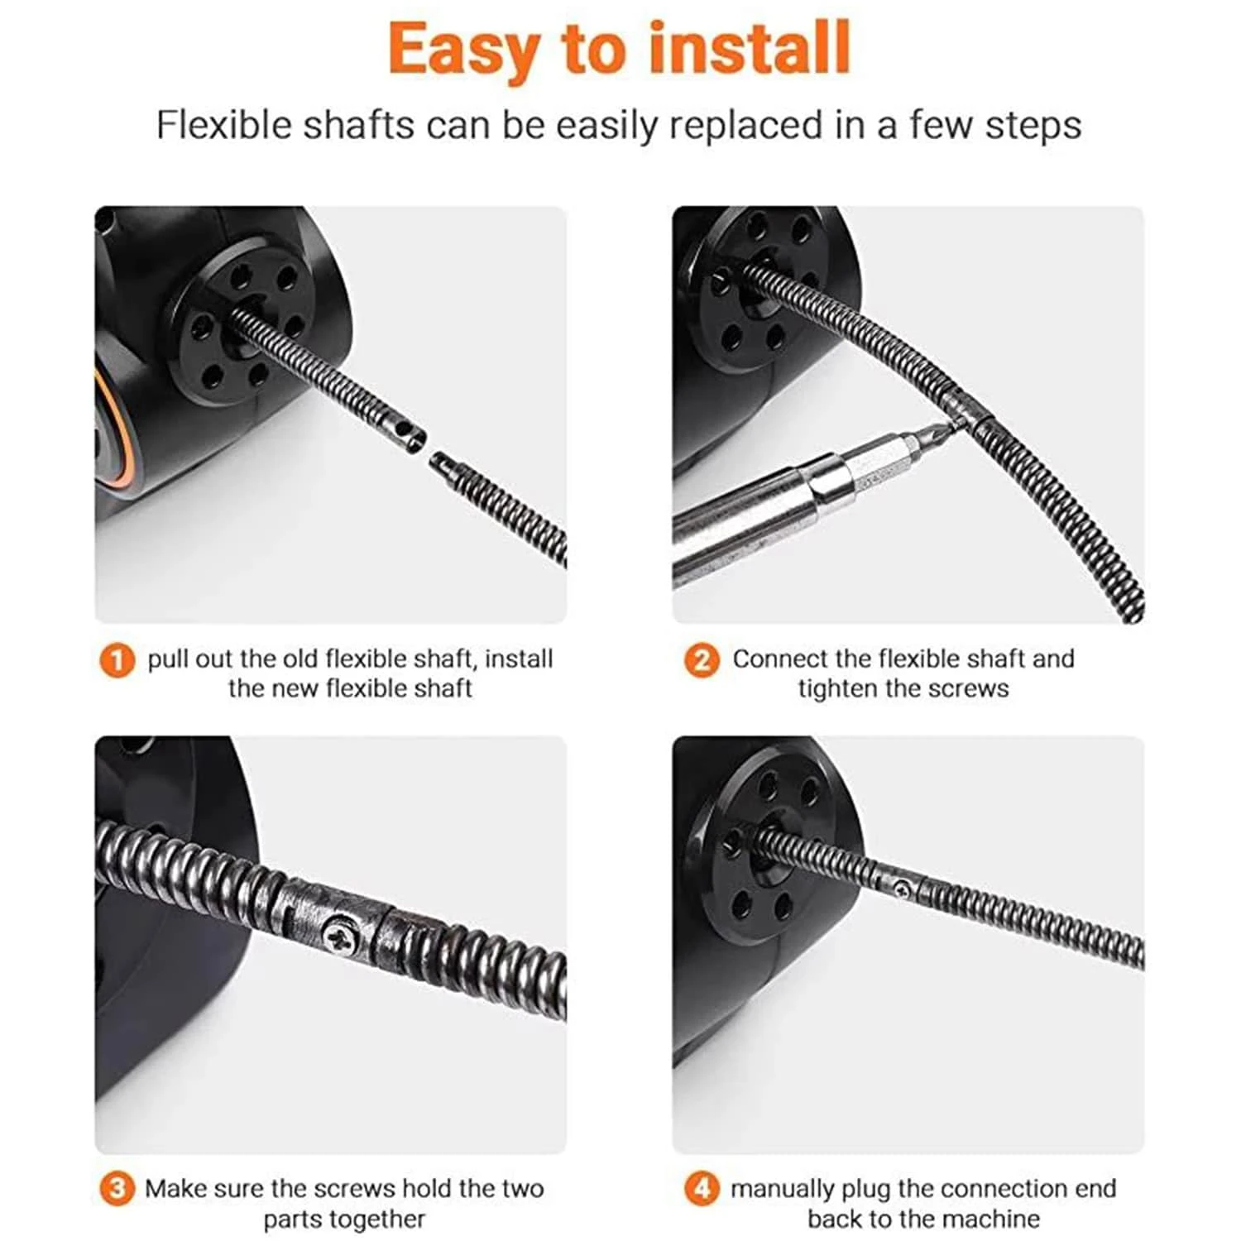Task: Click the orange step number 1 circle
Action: pos(117,660)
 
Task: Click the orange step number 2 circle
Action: pos(702,660)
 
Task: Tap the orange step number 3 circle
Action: pos(117,1189)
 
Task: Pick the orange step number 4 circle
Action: pos(702,1189)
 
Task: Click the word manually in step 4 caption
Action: pos(781,1189)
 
